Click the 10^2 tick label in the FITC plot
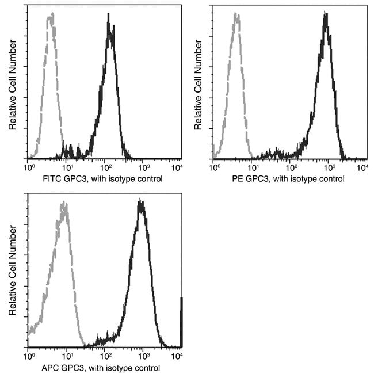point(105,167)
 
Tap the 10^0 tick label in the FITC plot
point(29,167)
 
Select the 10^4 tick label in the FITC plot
point(178,167)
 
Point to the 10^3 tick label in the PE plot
point(330,167)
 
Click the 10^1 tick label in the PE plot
point(252,167)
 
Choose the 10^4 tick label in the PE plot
point(362,167)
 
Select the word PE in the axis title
point(235,179)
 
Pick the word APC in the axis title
point(52,368)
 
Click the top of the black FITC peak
point(109,14)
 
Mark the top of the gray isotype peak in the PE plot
point(236,15)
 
